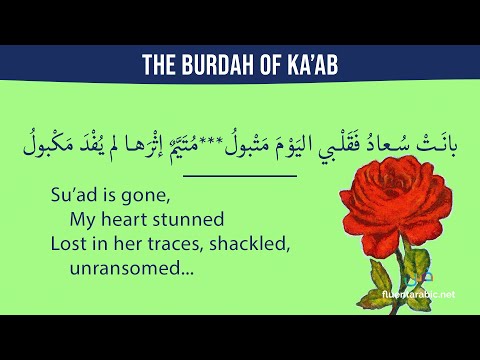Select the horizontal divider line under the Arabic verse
240,176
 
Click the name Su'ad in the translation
73,197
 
